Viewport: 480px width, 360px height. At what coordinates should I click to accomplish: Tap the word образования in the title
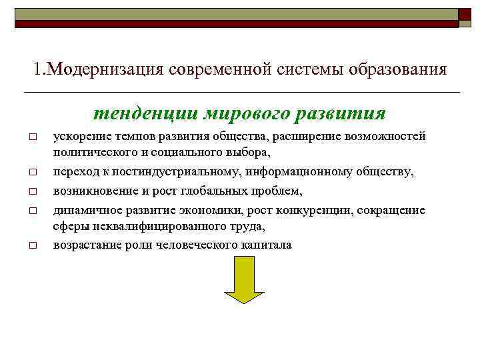pyautogui.click(x=397, y=69)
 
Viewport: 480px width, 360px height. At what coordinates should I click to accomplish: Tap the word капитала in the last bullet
pyautogui.click(x=267, y=245)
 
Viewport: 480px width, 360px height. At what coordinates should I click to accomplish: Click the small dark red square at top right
pyautogui.click(x=465, y=13)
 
